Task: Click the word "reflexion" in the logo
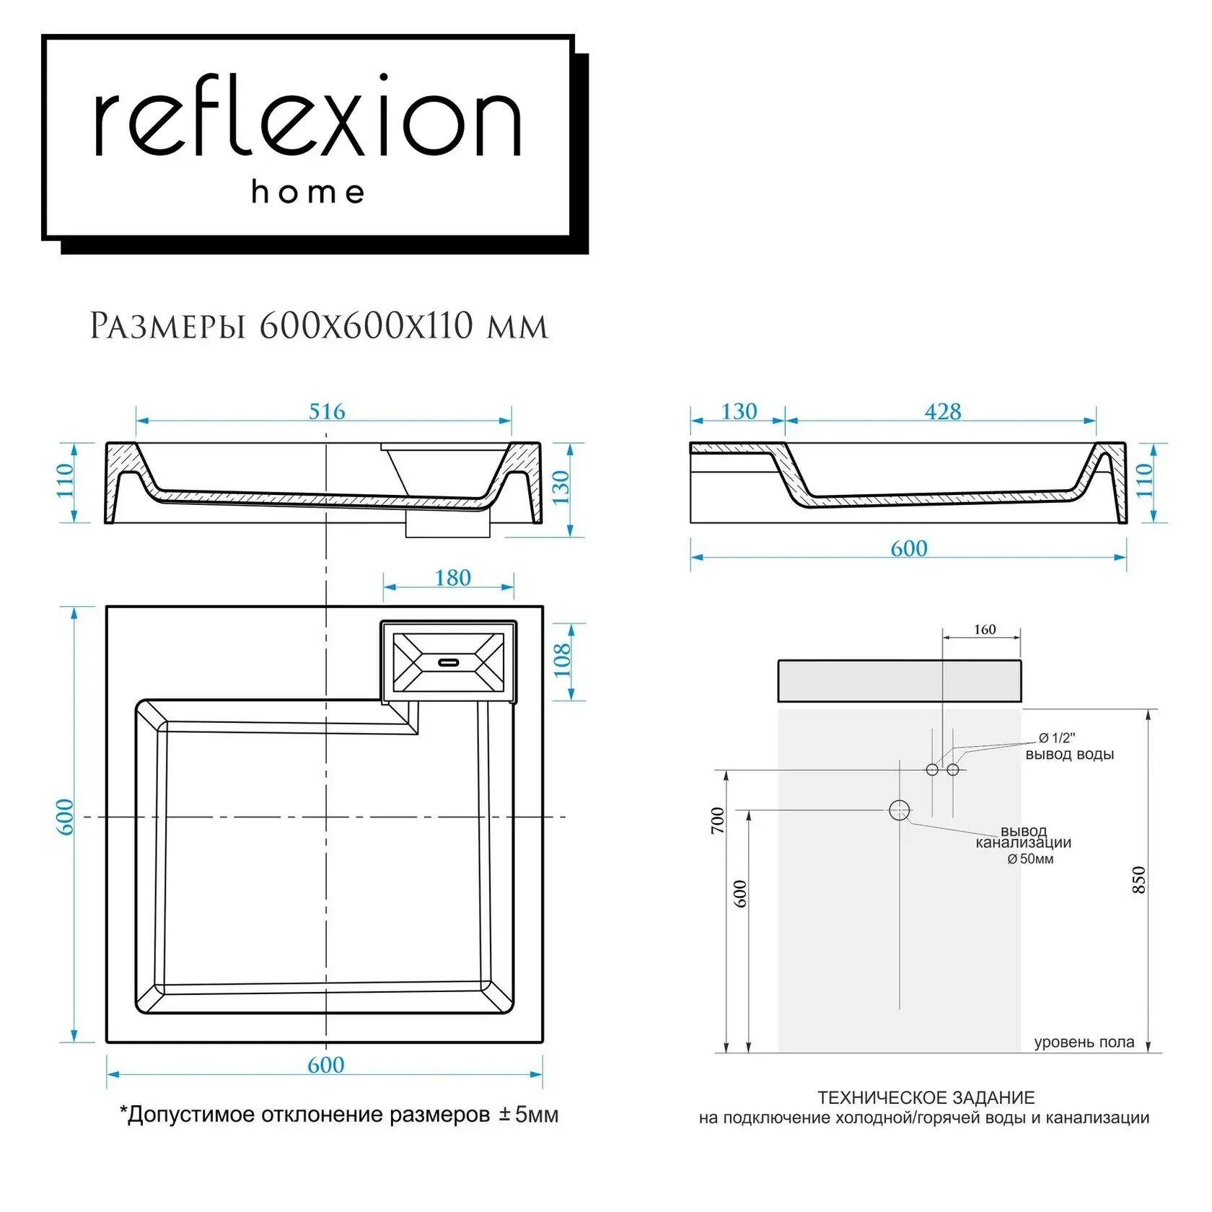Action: pyautogui.click(x=308, y=116)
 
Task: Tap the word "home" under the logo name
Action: pyautogui.click(x=308, y=192)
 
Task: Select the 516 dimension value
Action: pyautogui.click(x=327, y=411)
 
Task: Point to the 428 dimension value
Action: pyautogui.click(x=943, y=411)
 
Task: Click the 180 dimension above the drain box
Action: pyautogui.click(x=452, y=578)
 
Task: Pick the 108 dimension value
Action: pyautogui.click(x=562, y=660)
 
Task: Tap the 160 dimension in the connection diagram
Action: pyautogui.click(x=985, y=630)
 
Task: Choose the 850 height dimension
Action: pyautogui.click(x=1138, y=880)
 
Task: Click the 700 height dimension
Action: pyautogui.click(x=718, y=821)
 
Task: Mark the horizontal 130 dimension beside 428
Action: pyautogui.click(x=739, y=411)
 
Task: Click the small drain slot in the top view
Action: pyautogui.click(x=449, y=662)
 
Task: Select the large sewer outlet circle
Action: pyautogui.click(x=899, y=810)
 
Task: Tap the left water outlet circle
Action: pyautogui.click(x=932, y=770)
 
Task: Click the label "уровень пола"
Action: pyautogui.click(x=1084, y=1042)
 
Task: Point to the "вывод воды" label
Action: pyautogui.click(x=1070, y=755)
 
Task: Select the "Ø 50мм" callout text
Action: pyautogui.click(x=1030, y=858)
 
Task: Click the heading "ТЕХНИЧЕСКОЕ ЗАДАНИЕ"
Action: pyautogui.click(x=926, y=1097)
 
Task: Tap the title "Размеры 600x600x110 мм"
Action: pyautogui.click(x=319, y=326)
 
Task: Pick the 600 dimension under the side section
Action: pyautogui.click(x=909, y=548)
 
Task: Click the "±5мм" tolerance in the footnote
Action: pyautogui.click(x=529, y=1115)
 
